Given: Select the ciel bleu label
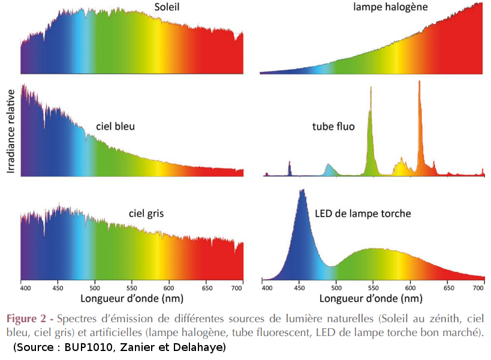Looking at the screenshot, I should pyautogui.click(x=115, y=127).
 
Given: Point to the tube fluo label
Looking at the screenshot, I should pyautogui.click(x=333, y=127).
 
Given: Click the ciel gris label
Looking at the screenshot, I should pyautogui.click(x=146, y=213).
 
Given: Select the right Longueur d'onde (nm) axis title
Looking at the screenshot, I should pyautogui.click(x=371, y=298).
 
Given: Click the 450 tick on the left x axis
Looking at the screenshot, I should pyautogui.click(x=58, y=288).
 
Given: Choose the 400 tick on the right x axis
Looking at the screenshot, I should pyautogui.click(x=267, y=288).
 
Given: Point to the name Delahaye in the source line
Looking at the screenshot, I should pyautogui.click(x=201, y=347).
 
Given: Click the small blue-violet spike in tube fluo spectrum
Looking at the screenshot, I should pyautogui.click(x=290, y=163).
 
